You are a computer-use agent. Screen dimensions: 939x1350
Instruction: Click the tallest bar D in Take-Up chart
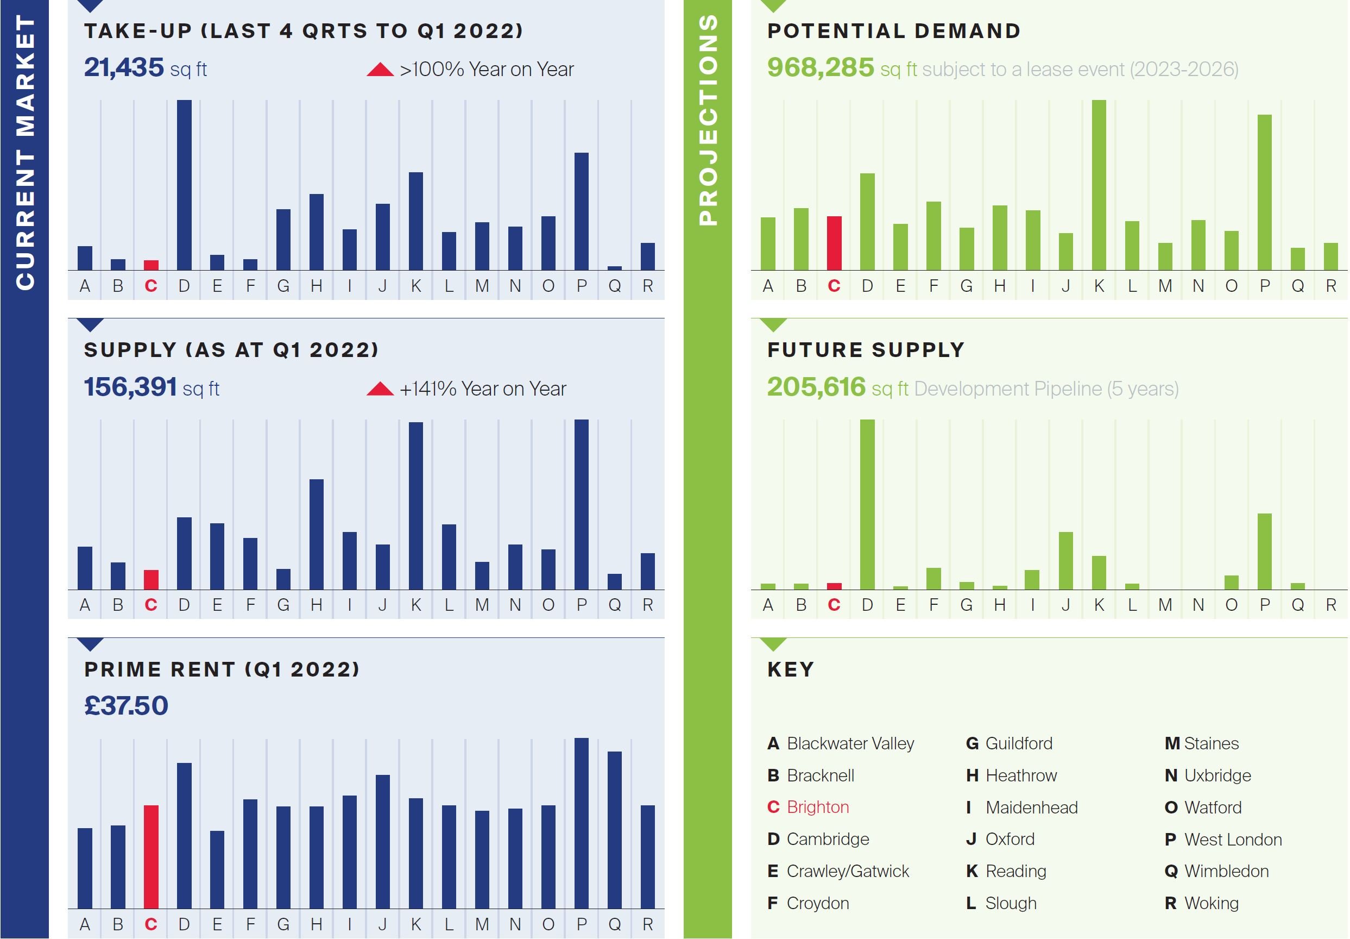pos(184,185)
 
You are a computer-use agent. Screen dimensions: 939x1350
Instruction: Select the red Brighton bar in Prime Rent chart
pos(151,856)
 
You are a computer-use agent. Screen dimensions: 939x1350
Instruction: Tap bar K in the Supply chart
pos(416,506)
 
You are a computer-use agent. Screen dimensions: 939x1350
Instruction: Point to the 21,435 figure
pos(123,68)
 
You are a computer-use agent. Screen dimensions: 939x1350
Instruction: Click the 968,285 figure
pos(820,68)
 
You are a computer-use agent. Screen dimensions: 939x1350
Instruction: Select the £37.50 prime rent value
pos(126,705)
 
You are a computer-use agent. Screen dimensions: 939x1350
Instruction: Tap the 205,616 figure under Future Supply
pos(816,387)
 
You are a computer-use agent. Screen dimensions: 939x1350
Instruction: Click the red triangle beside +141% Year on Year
pos(380,389)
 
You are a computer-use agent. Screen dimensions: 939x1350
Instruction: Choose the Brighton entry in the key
pos(817,807)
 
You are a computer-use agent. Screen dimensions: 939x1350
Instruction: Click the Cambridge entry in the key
pos(827,839)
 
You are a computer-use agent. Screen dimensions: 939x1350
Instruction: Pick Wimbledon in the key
pos(1226,871)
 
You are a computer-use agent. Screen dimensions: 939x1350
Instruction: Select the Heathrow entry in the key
pos(1021,775)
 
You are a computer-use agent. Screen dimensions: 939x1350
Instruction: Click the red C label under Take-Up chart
pos(151,286)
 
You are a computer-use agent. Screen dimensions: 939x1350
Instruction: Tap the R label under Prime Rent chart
pos(647,924)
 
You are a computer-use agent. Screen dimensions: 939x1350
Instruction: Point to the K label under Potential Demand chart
pos(1099,286)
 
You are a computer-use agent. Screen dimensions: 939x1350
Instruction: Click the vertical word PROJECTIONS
pos(708,120)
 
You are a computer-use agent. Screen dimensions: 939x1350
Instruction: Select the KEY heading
pos(790,669)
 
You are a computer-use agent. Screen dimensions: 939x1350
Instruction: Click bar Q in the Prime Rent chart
pos(614,830)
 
